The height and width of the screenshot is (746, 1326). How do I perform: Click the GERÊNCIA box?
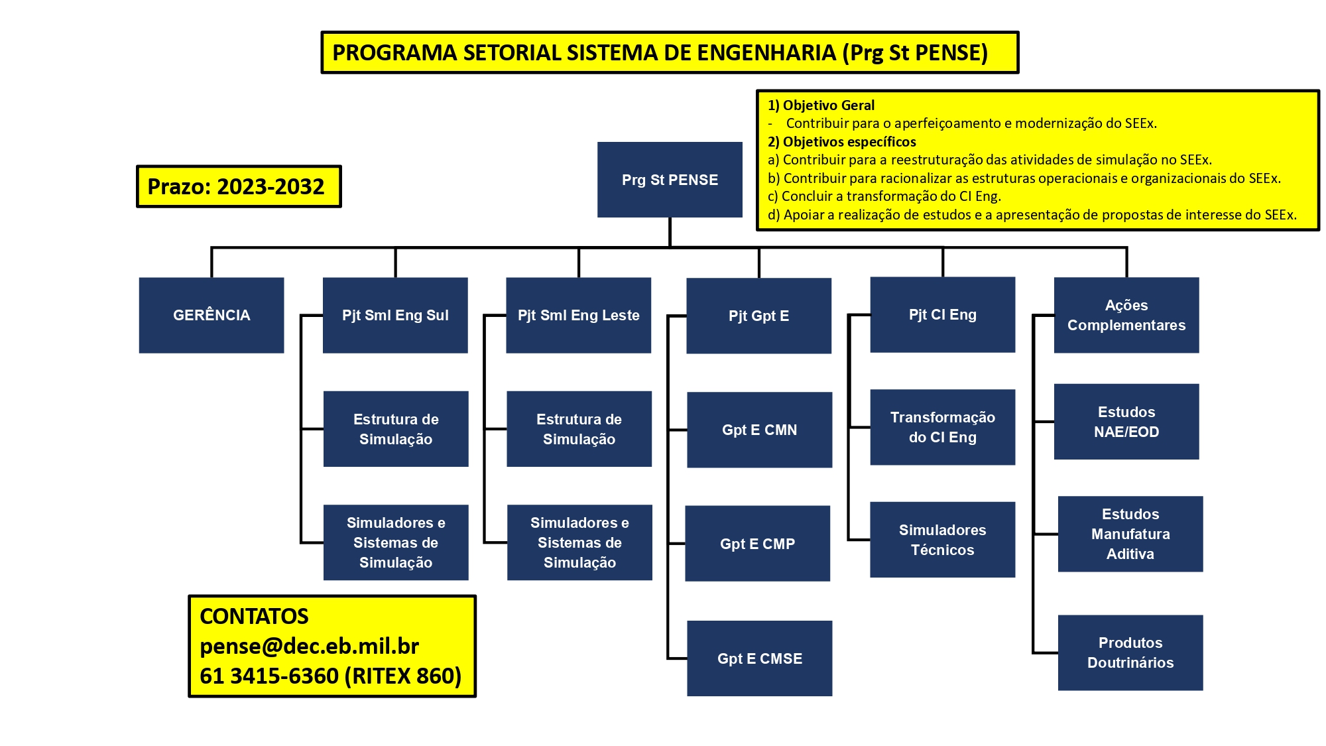click(x=211, y=315)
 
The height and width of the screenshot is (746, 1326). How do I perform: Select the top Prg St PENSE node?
click(x=670, y=180)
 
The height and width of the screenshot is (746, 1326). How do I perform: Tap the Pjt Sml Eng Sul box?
click(x=395, y=315)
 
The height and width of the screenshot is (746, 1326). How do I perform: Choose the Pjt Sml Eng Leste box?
click(x=579, y=315)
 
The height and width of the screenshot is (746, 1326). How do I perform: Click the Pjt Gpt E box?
click(x=759, y=316)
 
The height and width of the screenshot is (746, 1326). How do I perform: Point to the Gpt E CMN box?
click(x=760, y=430)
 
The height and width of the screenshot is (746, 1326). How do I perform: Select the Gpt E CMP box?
click(x=758, y=544)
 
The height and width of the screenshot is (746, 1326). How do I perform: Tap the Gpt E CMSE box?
click(x=760, y=658)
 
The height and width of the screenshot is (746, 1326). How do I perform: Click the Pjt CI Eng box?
click(x=943, y=314)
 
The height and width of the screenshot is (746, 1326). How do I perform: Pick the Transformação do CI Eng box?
click(x=943, y=427)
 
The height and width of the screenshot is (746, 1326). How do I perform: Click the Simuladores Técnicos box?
click(x=943, y=540)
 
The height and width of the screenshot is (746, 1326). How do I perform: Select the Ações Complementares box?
click(x=1126, y=315)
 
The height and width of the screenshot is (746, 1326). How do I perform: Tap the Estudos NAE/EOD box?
click(x=1126, y=422)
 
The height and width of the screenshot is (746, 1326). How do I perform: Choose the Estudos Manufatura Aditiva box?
click(x=1130, y=534)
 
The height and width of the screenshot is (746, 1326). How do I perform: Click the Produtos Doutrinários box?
click(x=1130, y=653)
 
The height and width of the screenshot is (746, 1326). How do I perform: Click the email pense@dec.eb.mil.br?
click(x=310, y=646)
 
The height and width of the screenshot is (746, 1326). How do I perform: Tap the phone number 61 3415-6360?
click(x=269, y=676)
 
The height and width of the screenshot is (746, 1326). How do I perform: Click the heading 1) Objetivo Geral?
click(x=821, y=105)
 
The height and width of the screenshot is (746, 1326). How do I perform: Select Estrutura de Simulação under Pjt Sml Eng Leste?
click(x=579, y=429)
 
